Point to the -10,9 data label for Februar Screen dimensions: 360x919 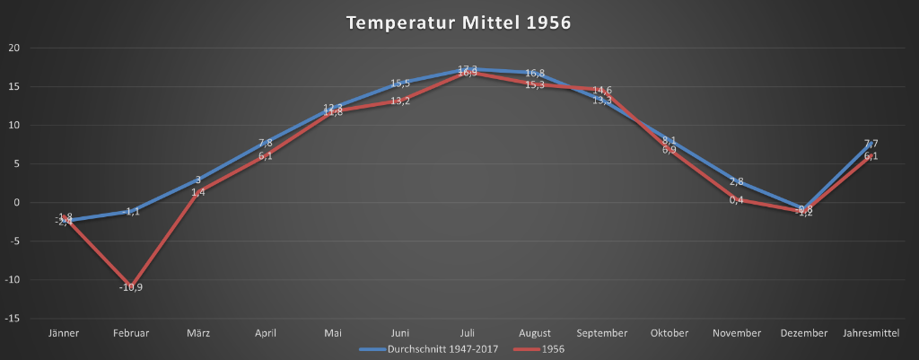point(131,287)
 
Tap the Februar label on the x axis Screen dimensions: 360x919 point(131,333)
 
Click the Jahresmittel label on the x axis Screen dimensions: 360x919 point(871,333)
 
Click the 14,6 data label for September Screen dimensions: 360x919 point(602,90)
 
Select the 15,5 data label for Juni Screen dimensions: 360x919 point(400,83)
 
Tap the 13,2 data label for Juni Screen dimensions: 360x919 point(400,101)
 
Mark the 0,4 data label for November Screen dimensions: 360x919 point(736,199)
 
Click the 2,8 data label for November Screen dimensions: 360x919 point(736,181)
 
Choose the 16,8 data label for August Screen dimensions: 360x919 point(535,74)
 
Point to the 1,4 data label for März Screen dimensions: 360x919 point(198,192)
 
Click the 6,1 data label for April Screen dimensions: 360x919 point(266,156)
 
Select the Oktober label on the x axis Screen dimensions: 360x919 point(670,333)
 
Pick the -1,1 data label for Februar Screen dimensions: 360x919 point(131,212)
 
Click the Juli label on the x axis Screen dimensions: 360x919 point(468,333)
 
